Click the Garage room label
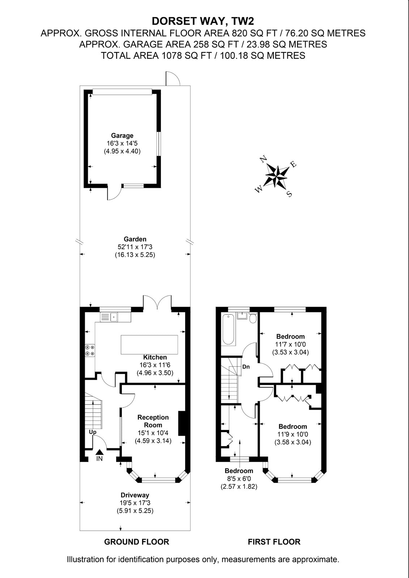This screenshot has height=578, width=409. (122, 135)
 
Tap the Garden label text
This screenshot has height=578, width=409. (135, 239)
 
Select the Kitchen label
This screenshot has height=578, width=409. (155, 357)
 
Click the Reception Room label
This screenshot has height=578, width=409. (153, 421)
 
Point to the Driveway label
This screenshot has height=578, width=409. (135, 495)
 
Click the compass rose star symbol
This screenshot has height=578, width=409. (276, 176)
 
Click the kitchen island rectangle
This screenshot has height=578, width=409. (149, 345)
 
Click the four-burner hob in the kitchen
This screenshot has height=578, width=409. (90, 350)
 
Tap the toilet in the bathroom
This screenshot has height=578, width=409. (253, 318)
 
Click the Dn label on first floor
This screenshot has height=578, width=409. (246, 367)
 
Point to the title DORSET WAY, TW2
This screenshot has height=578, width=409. (203, 21)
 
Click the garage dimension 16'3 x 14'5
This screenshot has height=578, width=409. (122, 143)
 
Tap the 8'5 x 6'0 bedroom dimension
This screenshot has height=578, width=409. (239, 479)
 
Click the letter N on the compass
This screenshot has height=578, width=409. (263, 159)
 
